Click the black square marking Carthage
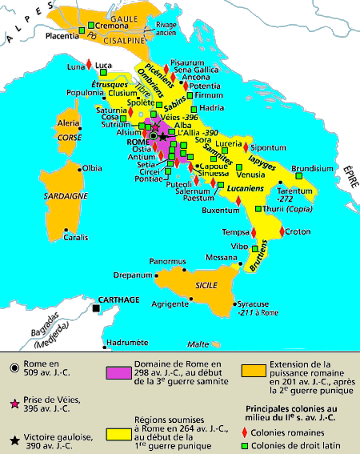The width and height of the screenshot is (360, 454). [96, 308]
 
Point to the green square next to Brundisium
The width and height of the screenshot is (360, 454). [299, 176]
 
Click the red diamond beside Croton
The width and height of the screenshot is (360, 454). [281, 231]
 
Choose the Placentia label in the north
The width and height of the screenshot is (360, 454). [66, 34]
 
